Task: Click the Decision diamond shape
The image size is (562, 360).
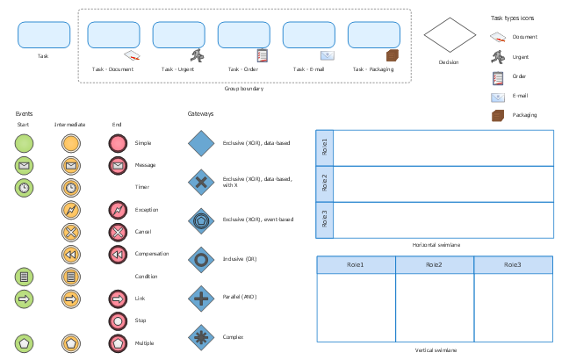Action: [450, 35]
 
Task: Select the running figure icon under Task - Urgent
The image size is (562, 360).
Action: [197, 55]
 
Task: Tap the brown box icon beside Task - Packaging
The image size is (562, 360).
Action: [393, 55]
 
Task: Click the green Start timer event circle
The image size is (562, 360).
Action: [24, 188]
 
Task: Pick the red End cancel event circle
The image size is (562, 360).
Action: [118, 233]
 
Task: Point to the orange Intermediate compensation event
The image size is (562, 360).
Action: [71, 255]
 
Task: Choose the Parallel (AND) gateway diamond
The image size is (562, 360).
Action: [201, 299]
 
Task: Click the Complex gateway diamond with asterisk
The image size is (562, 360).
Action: [201, 337]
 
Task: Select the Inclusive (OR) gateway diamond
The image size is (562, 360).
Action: [201, 260]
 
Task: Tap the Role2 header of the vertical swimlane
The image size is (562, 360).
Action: [435, 265]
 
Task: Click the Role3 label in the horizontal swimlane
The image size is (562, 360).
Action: [324, 219]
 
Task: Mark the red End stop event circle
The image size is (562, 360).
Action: [118, 321]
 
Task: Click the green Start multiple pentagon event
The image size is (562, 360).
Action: [24, 343]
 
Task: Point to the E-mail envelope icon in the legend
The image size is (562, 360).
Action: [498, 97]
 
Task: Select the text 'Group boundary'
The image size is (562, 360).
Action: [244, 89]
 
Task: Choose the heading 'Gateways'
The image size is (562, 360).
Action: [200, 114]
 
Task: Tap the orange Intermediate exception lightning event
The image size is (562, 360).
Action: [71, 210]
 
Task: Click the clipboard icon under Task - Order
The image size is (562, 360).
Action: [262, 55]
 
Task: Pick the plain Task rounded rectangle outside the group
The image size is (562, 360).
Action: [44, 35]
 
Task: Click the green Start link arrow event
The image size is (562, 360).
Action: [24, 299]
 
